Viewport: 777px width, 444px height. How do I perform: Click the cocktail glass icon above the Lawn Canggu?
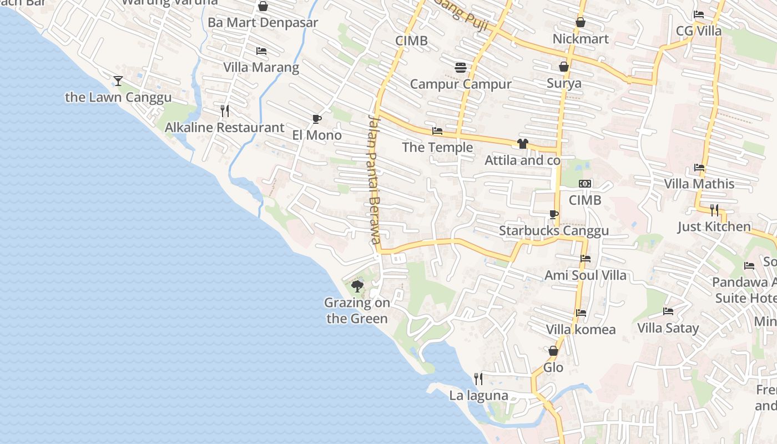coord(118,81)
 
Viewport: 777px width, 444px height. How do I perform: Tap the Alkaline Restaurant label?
coord(224,128)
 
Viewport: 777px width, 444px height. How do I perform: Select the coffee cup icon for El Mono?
coord(316,119)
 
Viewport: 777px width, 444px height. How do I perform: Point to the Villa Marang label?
coord(261,68)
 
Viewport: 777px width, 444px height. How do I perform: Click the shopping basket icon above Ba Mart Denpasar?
coord(263,6)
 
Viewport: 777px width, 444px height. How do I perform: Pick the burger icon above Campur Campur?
coord(460,68)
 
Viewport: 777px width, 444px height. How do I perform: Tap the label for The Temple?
coord(437,148)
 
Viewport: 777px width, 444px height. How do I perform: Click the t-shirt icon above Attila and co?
coord(522,144)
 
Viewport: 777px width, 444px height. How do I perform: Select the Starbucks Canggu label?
coord(553,231)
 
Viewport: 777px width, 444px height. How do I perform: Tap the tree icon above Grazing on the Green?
coord(357,286)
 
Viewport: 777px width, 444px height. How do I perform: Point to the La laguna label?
coord(478,396)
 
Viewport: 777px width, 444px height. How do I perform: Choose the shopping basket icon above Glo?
coord(553,351)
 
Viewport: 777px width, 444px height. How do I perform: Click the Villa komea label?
coord(581,330)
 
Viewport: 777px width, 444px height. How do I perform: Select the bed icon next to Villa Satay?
coord(668,311)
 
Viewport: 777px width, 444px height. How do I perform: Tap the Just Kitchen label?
coord(714,227)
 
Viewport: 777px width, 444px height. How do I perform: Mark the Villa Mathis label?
coord(699,184)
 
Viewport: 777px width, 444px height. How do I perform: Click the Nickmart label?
coord(581,39)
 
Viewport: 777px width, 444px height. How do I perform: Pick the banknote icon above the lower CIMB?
coord(585,184)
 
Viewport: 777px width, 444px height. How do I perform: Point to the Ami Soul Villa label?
coord(585,275)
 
